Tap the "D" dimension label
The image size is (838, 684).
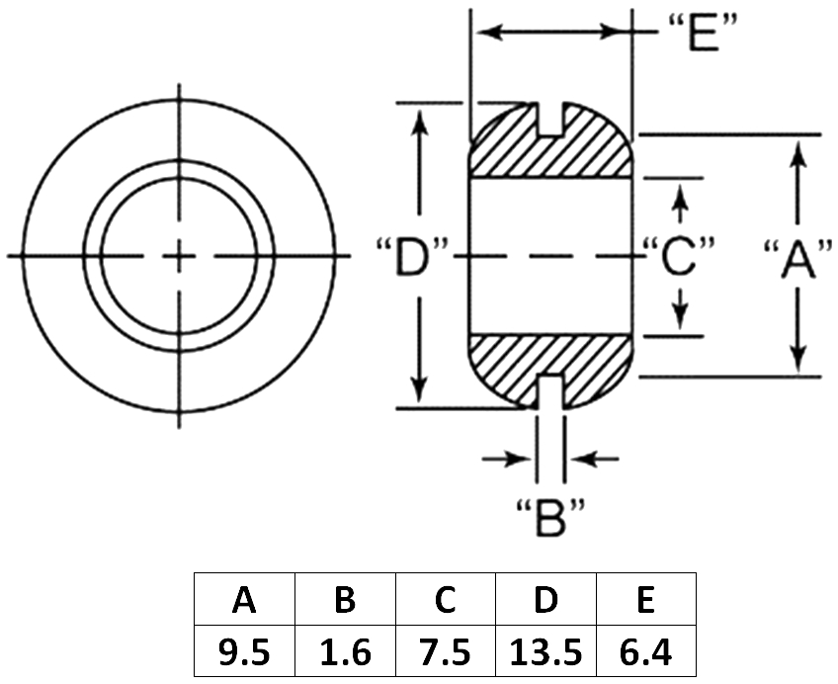(411, 256)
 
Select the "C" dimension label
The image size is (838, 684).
(679, 256)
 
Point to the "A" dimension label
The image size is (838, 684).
(797, 259)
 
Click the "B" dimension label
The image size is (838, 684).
(550, 517)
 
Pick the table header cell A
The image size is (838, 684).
(244, 599)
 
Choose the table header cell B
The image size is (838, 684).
(345, 599)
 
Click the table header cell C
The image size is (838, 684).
(445, 599)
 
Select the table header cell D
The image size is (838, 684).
(545, 599)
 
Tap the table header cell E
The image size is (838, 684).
(646, 599)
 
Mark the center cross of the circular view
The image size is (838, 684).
(179, 256)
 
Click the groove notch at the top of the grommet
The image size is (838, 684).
(550, 120)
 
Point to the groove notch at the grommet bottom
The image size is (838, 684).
(550, 391)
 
